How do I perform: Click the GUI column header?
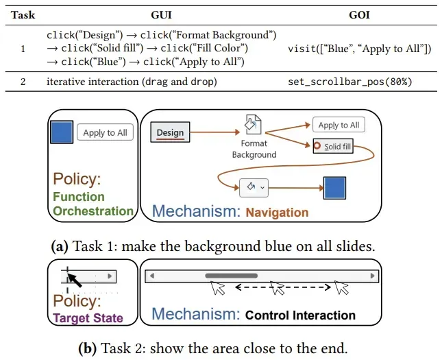(161, 15)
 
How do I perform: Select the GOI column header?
(359, 15)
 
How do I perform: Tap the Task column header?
(23, 15)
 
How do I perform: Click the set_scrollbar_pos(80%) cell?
(349, 82)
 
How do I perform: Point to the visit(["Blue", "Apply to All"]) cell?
(359, 49)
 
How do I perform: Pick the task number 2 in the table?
(23, 82)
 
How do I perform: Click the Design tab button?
(170, 132)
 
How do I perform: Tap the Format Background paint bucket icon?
(253, 124)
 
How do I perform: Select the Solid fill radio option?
(333, 146)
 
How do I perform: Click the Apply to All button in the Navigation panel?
(339, 125)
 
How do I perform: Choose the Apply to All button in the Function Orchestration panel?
(105, 132)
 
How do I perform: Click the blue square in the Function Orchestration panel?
(62, 132)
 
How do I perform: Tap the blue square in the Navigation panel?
(334, 188)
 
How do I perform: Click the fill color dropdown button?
(254, 188)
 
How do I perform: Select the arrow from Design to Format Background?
(214, 132)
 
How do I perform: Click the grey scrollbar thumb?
(232, 276)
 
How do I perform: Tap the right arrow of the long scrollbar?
(372, 276)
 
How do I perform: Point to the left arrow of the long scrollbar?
(152, 276)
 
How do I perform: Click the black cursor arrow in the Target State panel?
(75, 280)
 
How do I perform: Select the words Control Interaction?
(300, 315)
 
